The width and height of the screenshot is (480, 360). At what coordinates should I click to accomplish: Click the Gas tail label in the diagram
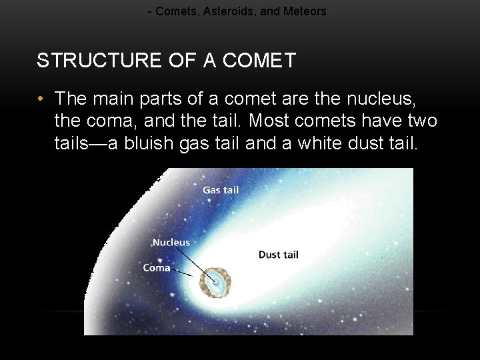pos(221,190)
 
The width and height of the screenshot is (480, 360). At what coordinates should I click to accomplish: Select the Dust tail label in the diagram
pos(278,255)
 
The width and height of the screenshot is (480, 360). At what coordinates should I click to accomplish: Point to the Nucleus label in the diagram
pos(171,243)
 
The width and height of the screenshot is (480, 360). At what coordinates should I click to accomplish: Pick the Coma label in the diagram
pos(157,268)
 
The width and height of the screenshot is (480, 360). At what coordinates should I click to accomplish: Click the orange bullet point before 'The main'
pos(41,99)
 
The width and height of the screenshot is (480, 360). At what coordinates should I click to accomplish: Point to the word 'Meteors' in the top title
pos(305,11)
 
